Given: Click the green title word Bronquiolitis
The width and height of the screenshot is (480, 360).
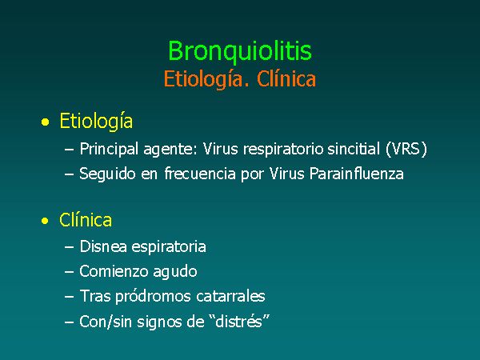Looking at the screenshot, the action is click(240, 51).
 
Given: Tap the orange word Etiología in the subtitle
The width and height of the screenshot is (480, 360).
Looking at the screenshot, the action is click(202, 79).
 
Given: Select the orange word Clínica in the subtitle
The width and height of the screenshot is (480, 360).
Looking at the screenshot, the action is click(286, 78).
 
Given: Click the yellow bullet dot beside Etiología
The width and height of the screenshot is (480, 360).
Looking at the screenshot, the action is click(45, 122).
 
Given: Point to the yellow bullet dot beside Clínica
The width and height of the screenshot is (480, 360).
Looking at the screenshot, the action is click(45, 221).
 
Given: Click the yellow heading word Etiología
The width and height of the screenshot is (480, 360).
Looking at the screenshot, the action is click(96, 122).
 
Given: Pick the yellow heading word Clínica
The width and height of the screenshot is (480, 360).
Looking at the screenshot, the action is click(86, 219).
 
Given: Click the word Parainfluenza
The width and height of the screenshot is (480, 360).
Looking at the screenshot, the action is click(356, 174).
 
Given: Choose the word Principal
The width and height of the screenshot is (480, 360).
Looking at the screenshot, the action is click(109, 150).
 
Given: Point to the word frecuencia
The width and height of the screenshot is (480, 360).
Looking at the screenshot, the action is click(200, 174).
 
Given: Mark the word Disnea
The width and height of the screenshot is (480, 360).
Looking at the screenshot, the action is click(103, 246).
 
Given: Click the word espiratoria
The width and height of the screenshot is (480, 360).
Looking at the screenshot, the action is click(169, 247).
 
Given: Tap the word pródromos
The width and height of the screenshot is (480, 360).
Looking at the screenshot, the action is click(153, 297).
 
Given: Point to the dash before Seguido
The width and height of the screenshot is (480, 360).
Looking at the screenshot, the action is click(69, 174).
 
